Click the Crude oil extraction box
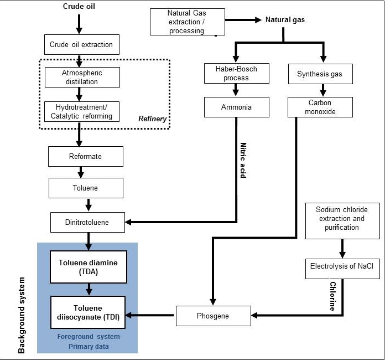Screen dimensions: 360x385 pyautogui.click(x=81, y=44)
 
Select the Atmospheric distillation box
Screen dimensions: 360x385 pyautogui.click(x=82, y=78)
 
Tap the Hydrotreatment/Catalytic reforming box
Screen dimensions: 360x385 pyautogui.click(x=82, y=111)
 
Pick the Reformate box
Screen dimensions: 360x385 pyautogui.click(x=86, y=156)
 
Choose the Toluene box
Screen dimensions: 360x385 pyautogui.click(x=86, y=188)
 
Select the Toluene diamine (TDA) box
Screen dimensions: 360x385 pyautogui.click(x=89, y=268)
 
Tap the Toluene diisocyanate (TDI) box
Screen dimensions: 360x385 pyautogui.click(x=89, y=312)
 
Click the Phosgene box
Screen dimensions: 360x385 pyautogui.click(x=210, y=316)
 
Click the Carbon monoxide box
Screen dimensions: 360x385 pyautogui.click(x=320, y=107)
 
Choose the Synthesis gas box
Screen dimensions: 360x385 pyautogui.click(x=320, y=74)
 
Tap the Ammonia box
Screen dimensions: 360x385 pyautogui.click(x=236, y=107)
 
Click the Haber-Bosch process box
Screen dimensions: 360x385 pyautogui.click(x=236, y=74)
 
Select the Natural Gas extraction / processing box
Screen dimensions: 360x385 pyautogui.click(x=188, y=22)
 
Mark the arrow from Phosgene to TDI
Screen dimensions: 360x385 pyautogui.click(x=151, y=316)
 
